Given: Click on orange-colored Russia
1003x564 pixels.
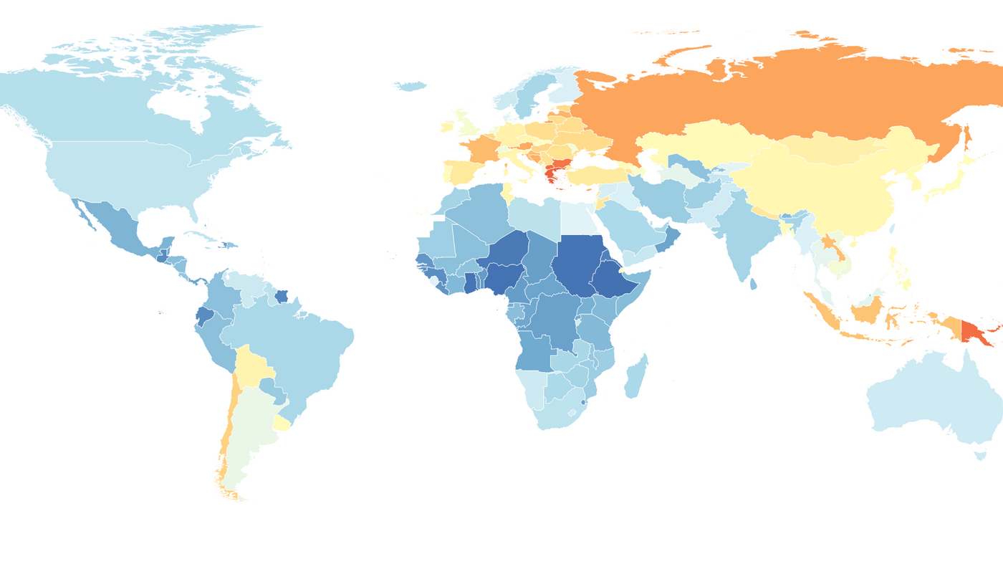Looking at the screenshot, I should pos(752,93).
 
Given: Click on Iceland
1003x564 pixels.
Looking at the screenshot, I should pos(410,87).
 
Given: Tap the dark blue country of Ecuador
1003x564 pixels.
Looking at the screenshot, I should pos(203,316).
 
